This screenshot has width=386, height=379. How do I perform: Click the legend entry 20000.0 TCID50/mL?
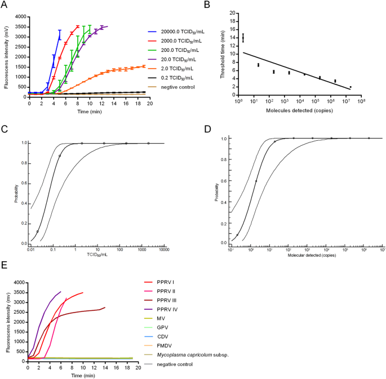pos(175,33)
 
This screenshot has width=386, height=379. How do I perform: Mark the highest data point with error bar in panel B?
pos(243,38)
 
